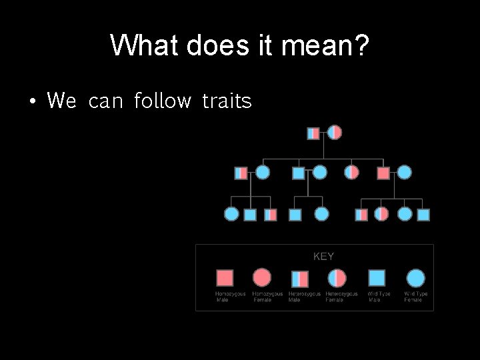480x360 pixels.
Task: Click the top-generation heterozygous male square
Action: (x=313, y=133)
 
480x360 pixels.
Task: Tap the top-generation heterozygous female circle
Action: (x=335, y=133)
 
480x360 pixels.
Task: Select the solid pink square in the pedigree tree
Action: (x=383, y=173)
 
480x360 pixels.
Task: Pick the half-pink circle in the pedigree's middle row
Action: (x=352, y=173)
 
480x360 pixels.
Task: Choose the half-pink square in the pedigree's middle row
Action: (x=241, y=173)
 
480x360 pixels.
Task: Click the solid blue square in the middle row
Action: (x=299, y=173)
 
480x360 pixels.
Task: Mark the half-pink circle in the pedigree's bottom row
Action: (x=381, y=214)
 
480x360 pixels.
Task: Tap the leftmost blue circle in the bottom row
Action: (x=231, y=214)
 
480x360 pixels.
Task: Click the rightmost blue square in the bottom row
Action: (x=423, y=214)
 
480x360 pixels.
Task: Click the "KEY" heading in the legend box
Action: (x=323, y=256)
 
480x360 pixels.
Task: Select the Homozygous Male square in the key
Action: (x=225, y=277)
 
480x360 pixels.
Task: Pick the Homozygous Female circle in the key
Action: (x=263, y=277)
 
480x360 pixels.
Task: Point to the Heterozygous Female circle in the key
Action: (x=337, y=277)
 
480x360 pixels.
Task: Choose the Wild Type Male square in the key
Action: (x=377, y=277)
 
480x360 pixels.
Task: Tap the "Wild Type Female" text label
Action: (x=415, y=297)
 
